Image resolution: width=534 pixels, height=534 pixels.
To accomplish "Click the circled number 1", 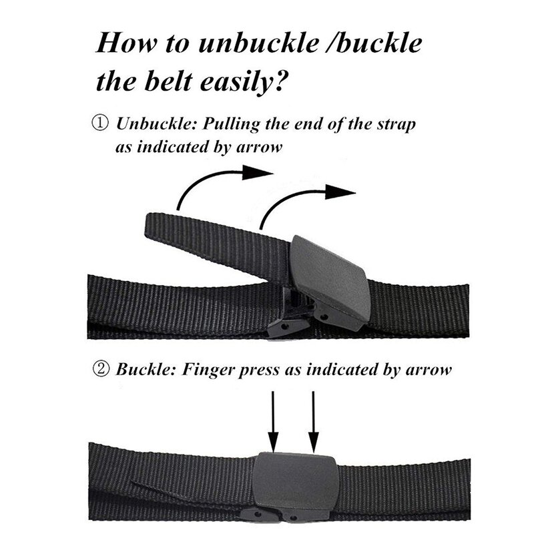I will tap(101, 125).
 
